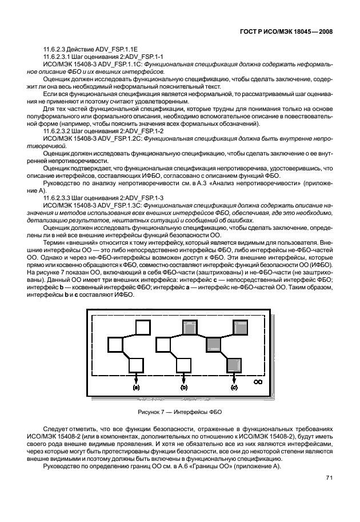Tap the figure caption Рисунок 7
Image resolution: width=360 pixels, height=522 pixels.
coord(179,412)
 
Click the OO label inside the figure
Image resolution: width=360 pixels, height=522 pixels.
coord(258,381)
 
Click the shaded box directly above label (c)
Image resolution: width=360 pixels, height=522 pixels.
coord(233,364)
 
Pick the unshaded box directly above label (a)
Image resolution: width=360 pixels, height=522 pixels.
coord(137,364)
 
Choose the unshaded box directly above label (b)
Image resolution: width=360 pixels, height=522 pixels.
coord(184,364)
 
